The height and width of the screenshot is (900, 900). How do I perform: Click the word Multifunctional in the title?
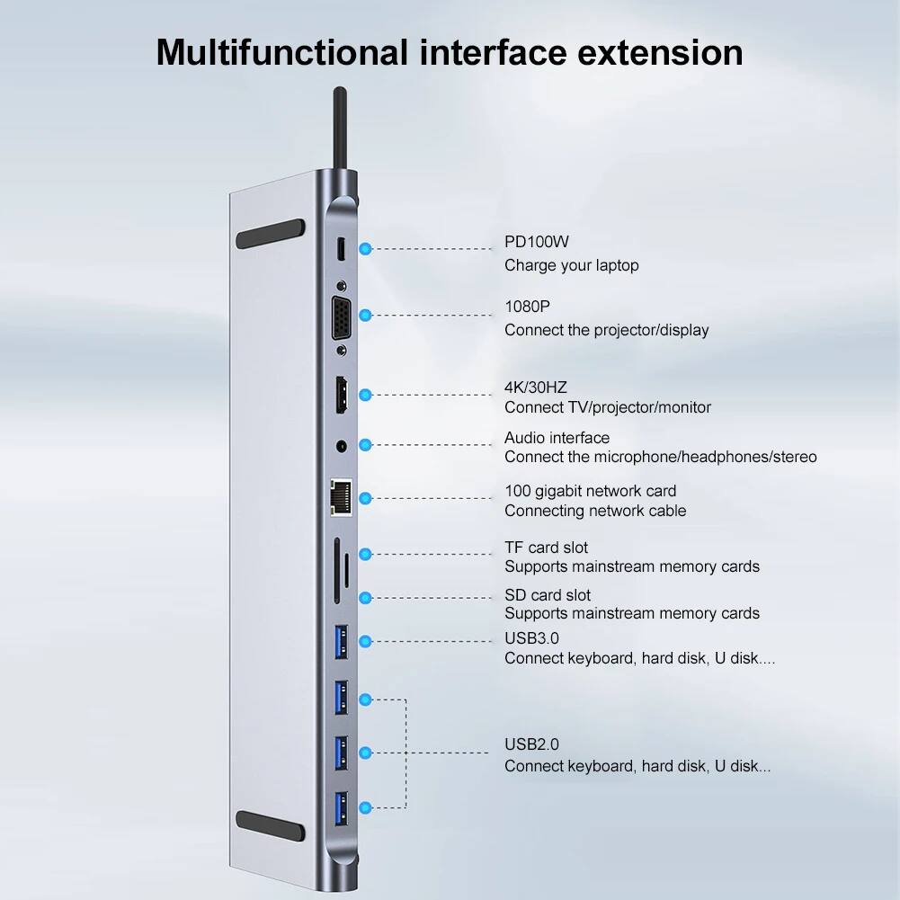281,52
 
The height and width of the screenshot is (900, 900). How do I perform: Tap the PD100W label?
537,242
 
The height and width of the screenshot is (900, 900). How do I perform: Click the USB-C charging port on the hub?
342,249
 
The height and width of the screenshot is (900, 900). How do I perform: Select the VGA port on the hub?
342,316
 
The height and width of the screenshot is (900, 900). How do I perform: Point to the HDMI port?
342,396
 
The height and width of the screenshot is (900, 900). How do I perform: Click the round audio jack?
343,444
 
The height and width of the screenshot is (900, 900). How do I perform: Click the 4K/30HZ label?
536,388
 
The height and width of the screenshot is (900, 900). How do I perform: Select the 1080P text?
527,307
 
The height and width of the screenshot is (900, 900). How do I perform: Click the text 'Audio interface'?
557,438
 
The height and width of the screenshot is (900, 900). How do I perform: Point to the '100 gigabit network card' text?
590,491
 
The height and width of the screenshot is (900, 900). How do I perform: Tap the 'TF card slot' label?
546,548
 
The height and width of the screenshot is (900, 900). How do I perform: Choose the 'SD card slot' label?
548,595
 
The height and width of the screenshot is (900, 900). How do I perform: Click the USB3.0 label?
531,638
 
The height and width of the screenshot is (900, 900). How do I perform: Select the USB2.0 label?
531,744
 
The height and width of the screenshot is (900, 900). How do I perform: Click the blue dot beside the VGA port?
365,315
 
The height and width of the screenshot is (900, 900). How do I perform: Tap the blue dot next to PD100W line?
365,248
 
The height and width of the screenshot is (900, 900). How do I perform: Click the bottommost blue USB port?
342,805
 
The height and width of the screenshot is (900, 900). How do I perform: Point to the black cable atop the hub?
340,126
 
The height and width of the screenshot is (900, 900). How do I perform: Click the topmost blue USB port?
342,640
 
